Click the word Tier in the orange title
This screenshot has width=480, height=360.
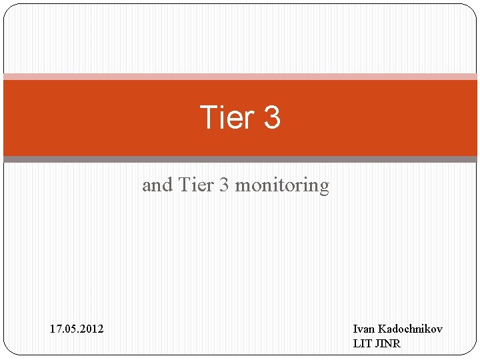(227, 118)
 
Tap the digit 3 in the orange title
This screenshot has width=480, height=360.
(272, 118)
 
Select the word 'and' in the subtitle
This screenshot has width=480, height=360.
(157, 185)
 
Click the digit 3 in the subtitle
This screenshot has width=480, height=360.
(224, 185)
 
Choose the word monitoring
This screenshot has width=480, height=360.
(282, 185)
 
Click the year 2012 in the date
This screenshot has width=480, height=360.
(91, 329)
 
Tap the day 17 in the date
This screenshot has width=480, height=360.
(55, 329)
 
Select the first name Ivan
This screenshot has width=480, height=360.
(363, 329)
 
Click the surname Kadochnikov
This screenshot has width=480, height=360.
(410, 329)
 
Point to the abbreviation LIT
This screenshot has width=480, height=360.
(362, 343)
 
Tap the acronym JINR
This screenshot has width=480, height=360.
(389, 343)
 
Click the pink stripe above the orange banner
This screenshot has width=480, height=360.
(240, 77)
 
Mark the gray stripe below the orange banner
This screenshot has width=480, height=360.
(240, 159)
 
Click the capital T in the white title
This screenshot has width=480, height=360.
(207, 118)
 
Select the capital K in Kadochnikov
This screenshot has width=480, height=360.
(381, 329)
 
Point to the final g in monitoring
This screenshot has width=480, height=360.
(324, 187)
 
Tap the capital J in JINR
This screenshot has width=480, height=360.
(378, 343)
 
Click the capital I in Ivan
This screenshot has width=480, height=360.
(355, 329)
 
